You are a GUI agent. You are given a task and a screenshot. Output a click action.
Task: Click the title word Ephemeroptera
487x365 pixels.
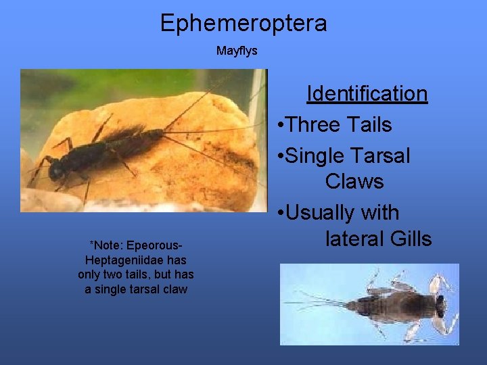pos(243,23)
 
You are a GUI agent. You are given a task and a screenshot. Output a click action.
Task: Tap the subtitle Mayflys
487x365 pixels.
pos(237,51)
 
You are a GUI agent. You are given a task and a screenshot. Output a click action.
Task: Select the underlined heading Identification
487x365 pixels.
pos(367,93)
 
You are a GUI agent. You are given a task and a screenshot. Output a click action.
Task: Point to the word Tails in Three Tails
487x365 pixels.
pos(369,124)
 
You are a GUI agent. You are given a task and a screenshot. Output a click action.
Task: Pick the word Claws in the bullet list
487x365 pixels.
pos(354,181)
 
